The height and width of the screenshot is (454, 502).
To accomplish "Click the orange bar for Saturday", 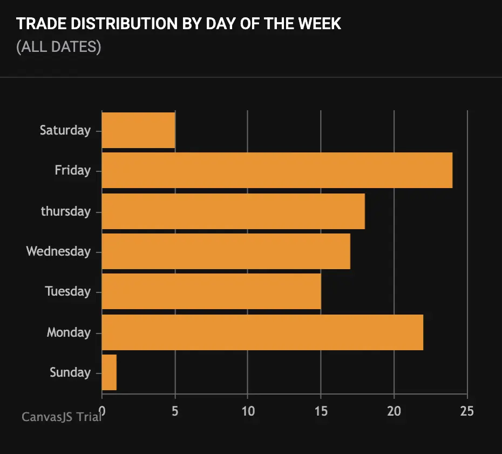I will click(x=138, y=130).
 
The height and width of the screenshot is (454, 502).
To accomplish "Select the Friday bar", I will click(x=277, y=170).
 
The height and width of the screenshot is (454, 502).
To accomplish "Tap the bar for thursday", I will click(x=233, y=211).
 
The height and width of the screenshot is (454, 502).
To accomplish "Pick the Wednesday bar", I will click(x=226, y=251).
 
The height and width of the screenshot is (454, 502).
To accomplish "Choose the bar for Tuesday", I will click(x=211, y=291).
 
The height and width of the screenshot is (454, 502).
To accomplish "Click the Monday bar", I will click(x=262, y=332).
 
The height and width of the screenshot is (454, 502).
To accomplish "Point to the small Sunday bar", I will click(x=109, y=372).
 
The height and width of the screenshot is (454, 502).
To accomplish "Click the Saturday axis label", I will click(x=65, y=130).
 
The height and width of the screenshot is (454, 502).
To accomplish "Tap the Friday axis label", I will click(x=72, y=170).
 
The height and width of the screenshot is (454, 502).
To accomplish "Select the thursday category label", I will click(x=65, y=211).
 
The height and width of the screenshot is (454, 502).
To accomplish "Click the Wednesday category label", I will click(x=58, y=251).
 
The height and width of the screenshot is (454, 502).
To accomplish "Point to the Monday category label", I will click(x=69, y=332).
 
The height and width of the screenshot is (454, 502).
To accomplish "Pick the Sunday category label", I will click(x=70, y=372).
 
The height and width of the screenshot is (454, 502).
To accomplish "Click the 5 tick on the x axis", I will click(x=175, y=411).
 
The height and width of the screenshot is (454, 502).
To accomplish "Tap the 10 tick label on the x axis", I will click(x=248, y=411).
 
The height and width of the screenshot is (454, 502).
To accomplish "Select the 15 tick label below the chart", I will click(x=321, y=411).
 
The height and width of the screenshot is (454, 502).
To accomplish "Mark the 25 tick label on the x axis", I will click(x=467, y=411).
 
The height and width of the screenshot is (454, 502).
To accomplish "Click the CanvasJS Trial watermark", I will click(x=61, y=417).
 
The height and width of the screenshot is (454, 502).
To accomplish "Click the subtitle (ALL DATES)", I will click(x=58, y=47).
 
